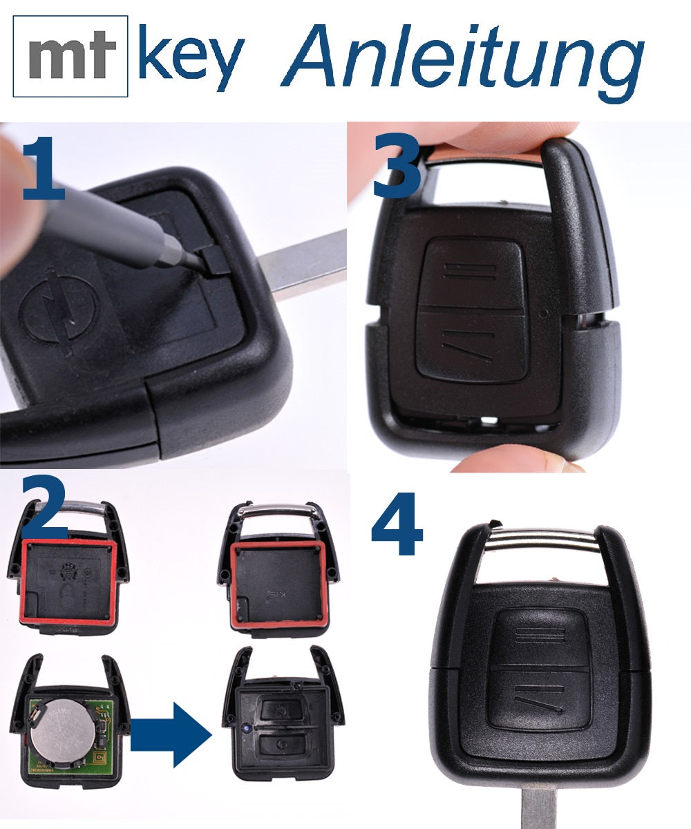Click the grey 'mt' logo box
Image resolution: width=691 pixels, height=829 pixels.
(70, 55)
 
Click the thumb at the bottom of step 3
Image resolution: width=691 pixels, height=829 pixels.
(511, 460)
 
